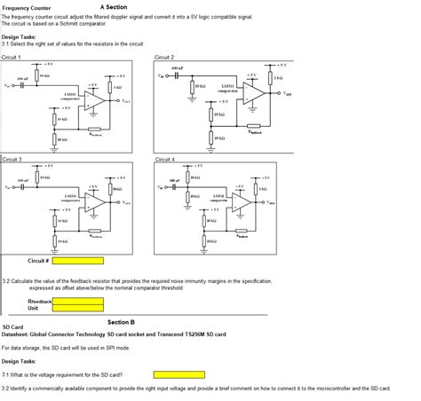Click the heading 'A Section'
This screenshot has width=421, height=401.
[113, 7]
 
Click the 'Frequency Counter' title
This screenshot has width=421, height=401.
[24, 8]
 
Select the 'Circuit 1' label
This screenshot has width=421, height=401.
[12, 57]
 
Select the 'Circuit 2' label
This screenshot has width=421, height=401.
[165, 57]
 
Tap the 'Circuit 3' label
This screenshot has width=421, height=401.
[12, 160]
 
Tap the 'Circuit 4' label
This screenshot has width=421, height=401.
[165, 160]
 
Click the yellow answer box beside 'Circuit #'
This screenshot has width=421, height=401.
[77, 261]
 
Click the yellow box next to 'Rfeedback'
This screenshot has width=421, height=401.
[77, 302]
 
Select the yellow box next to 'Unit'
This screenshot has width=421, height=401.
[77, 309]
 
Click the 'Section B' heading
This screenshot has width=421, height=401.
[121, 322]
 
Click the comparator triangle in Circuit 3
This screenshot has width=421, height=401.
[94, 202]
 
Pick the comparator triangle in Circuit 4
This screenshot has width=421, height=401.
[243, 202]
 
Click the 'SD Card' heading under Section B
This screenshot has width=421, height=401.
[13, 327]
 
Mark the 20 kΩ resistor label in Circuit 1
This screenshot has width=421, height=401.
[60, 139]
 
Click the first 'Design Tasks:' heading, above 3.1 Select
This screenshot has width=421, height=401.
[19, 36]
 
